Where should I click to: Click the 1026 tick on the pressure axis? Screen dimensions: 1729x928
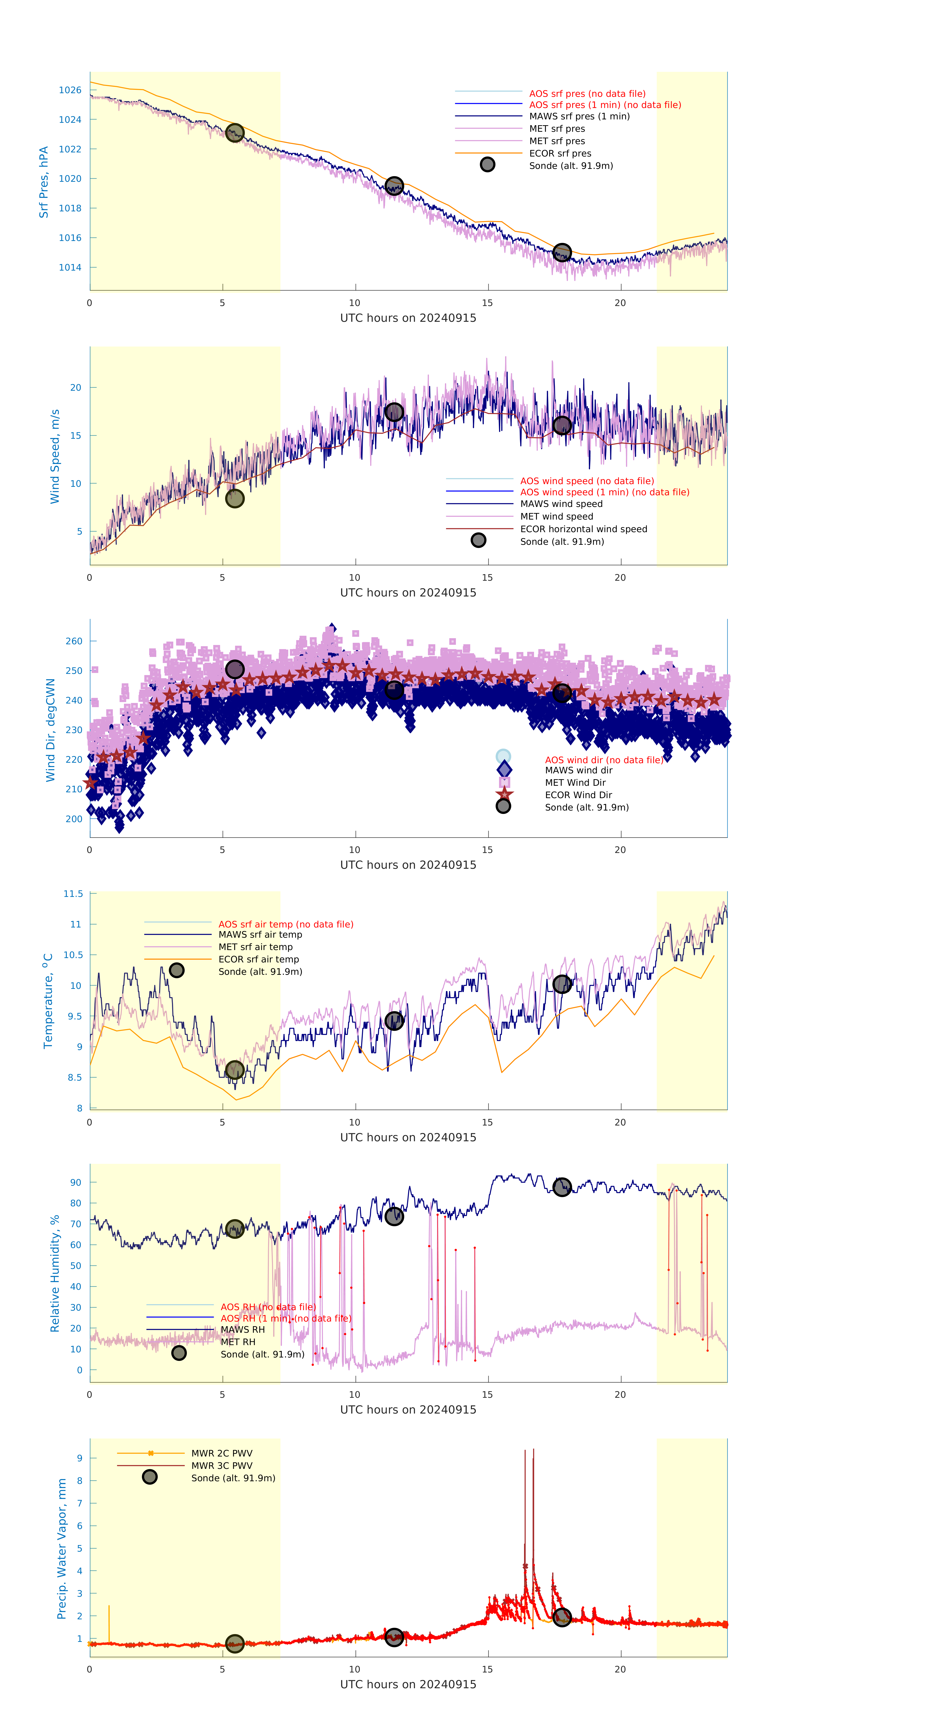tap(70, 90)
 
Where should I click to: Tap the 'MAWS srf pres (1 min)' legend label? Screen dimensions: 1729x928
tap(579, 116)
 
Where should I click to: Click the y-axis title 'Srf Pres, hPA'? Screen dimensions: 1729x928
tap(44, 182)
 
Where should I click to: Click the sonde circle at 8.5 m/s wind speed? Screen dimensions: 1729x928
tap(234, 499)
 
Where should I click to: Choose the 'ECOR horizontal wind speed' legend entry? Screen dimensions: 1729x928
tap(583, 529)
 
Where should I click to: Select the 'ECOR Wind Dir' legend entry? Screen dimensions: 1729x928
tap(578, 795)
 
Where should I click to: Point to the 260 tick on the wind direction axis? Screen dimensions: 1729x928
tap(74, 641)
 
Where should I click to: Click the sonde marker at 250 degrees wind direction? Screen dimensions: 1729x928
tap(234, 669)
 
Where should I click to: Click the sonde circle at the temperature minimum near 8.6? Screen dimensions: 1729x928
tap(234, 1070)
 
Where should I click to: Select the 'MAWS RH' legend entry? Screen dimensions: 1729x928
tap(242, 1330)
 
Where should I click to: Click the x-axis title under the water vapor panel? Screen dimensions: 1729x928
tap(408, 1684)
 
